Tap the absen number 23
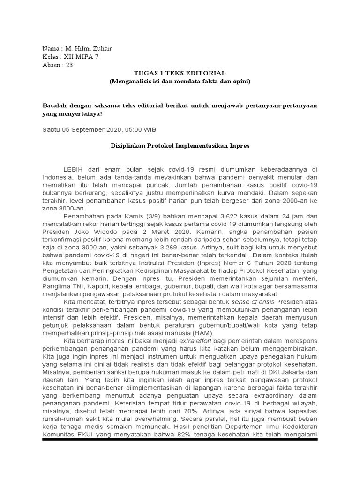pos(69,65)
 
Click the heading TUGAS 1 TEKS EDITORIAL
pos(180,73)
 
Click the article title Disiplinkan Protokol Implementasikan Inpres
pos(180,146)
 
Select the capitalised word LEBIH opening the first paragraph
pos(73,169)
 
